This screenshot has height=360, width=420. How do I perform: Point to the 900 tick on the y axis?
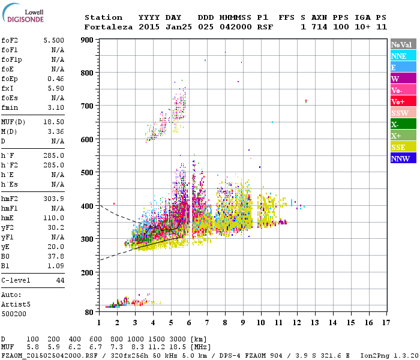(x=86, y=40)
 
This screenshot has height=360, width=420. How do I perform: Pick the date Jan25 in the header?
(x=151, y=27)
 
